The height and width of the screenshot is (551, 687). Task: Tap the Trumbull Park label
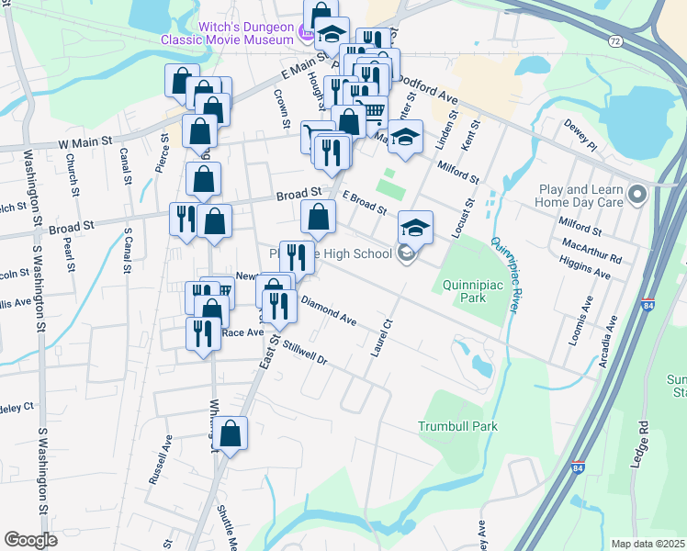tap(457, 426)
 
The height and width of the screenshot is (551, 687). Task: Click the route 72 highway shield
tap(614, 41)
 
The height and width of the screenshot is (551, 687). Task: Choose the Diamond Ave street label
tap(328, 312)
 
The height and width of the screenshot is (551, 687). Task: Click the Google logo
tap(30, 540)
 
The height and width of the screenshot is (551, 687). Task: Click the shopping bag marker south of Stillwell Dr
tap(231, 434)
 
